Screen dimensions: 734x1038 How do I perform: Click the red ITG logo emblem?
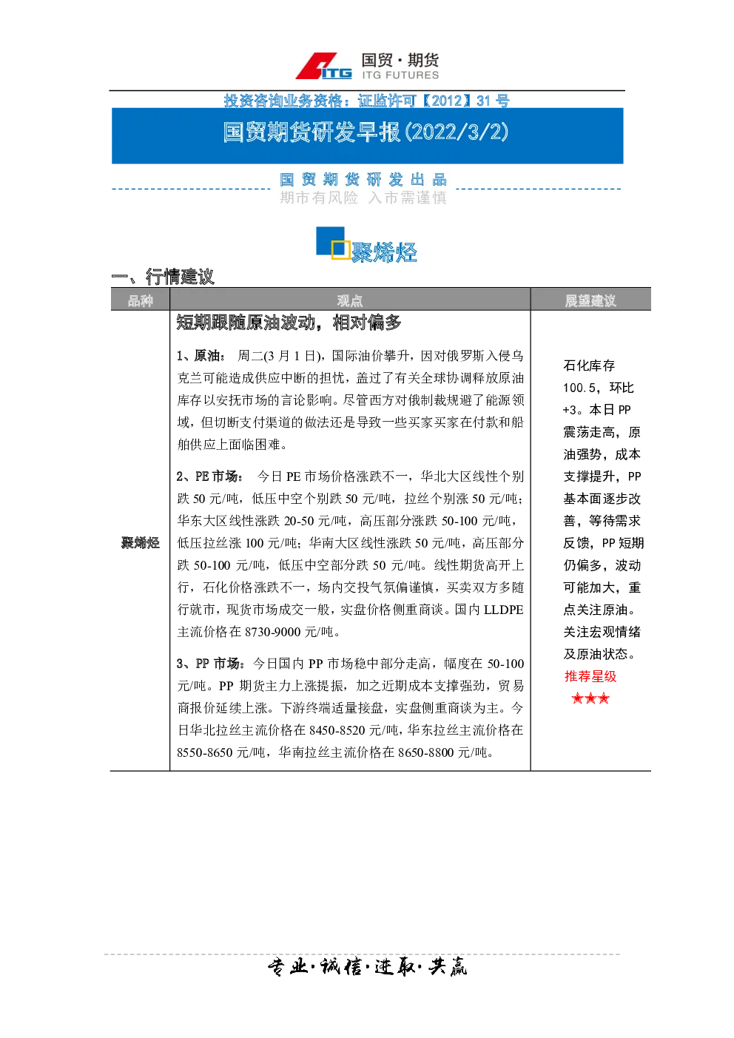pos(323,67)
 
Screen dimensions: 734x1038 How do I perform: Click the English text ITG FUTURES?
pos(400,75)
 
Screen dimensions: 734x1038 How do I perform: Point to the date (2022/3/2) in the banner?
pos(457,132)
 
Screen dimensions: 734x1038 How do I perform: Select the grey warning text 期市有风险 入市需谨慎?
pos(363,198)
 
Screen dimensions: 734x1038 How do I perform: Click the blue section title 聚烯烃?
pos(384,252)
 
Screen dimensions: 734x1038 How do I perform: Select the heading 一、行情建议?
pos(163,277)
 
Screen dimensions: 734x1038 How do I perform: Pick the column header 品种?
pos(141,301)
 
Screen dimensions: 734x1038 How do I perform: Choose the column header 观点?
pos(350,301)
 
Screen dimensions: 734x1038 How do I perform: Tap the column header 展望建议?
pos(590,301)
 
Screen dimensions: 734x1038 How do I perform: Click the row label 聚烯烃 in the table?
pos(141,542)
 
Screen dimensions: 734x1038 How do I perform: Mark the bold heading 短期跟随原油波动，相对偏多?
pos(289,323)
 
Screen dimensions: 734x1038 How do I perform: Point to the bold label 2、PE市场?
pos(209,476)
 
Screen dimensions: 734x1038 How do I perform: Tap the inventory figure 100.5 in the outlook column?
pos(579,388)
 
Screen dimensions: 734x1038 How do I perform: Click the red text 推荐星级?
pos(590,676)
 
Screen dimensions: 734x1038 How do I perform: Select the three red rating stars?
pos(590,698)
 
